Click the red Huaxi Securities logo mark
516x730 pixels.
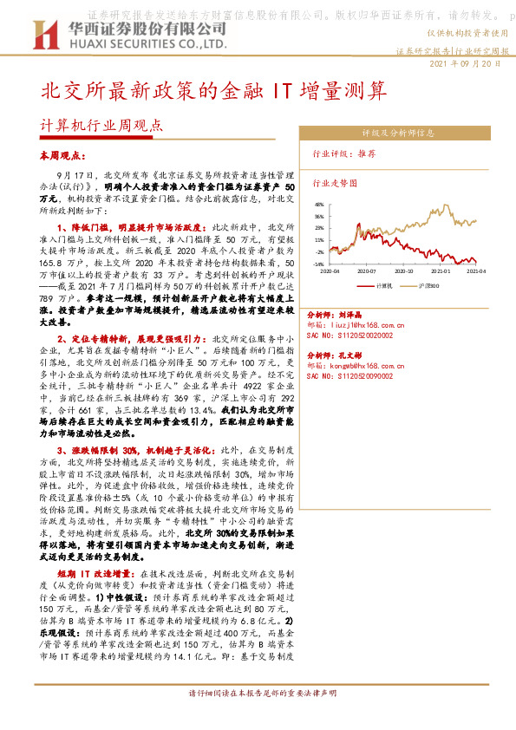pos(43,36)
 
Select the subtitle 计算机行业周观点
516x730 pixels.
pos(101,123)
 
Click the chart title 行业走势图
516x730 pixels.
pos(334,184)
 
